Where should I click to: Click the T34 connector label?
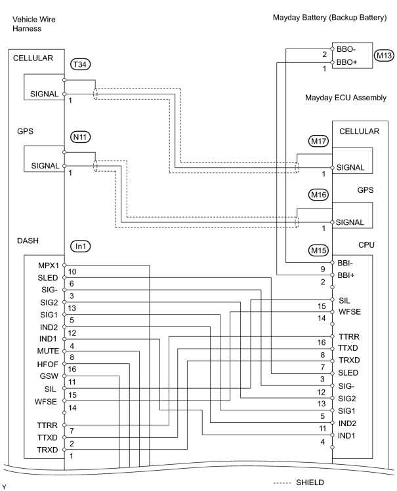coord(80,64)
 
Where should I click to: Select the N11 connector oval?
coord(80,137)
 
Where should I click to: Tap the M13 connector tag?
coord(384,56)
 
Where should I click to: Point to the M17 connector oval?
coord(319,141)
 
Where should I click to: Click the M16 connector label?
coord(319,195)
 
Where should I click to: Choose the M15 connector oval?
coord(319,250)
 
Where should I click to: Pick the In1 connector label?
coord(80,246)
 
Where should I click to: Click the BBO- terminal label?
coord(346,49)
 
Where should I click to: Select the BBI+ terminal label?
coord(346,275)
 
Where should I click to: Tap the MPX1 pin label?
coord(49,265)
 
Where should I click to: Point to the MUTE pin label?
coord(48,351)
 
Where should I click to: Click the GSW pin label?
coord(49,376)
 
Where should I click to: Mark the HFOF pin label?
coord(48,364)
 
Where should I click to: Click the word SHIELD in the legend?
coord(310,482)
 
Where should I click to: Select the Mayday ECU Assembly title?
coord(346,98)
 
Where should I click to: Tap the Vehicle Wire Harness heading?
coord(34,24)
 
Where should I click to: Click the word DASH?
coord(28,241)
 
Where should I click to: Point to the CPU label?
coord(366,245)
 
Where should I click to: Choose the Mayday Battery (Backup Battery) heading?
coord(329,18)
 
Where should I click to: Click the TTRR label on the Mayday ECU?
coord(349,337)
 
